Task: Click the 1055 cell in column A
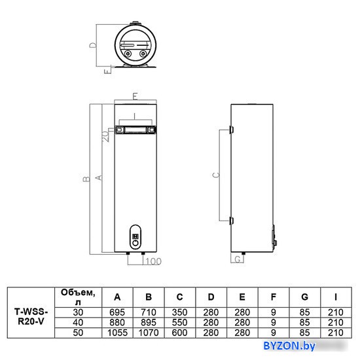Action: point(117,333)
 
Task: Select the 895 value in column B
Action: point(149,323)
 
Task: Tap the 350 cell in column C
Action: point(180,312)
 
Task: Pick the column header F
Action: point(273,297)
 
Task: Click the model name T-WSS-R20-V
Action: point(31,317)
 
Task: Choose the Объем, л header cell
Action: point(78,297)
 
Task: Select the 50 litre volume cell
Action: point(78,333)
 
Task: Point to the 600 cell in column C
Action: point(180,333)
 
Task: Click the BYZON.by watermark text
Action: point(289,346)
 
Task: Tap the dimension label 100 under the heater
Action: point(153,262)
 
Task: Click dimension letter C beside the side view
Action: point(216,175)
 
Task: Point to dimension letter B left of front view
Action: point(86,179)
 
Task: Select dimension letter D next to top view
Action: point(93,45)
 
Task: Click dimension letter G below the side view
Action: point(238,259)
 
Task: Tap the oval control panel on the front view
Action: point(135,237)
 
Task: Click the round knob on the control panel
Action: point(135,243)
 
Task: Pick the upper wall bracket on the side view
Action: point(232,130)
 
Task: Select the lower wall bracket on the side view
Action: point(232,221)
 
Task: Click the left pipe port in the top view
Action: point(128,54)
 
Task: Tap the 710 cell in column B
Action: point(149,312)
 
